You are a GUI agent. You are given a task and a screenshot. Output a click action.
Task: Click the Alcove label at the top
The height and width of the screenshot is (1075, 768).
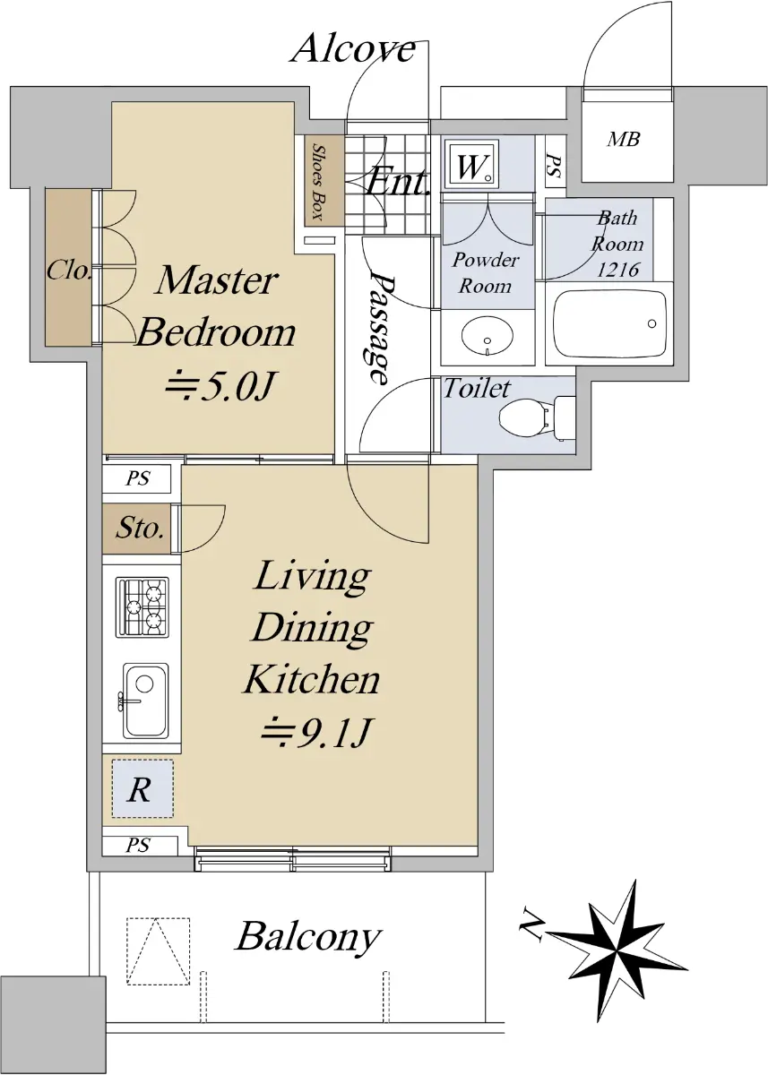[x=353, y=49]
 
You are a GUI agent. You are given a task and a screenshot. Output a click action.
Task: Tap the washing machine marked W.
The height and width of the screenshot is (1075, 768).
[x=472, y=165]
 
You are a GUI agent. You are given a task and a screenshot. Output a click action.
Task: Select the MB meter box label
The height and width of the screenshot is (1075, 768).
[x=624, y=139]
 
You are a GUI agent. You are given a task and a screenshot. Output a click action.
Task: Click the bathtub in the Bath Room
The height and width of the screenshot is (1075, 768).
[x=609, y=323]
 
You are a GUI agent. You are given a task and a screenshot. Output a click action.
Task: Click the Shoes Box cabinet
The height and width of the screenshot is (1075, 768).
[x=325, y=181]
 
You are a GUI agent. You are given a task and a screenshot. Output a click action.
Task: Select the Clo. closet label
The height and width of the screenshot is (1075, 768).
[x=69, y=271]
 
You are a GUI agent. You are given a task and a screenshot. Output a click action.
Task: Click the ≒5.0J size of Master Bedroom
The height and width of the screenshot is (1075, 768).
[x=220, y=385]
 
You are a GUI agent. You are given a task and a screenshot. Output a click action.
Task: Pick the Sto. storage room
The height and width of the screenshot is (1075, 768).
[x=136, y=529]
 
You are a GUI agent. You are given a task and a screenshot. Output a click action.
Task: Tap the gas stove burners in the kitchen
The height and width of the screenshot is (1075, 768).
[x=142, y=607]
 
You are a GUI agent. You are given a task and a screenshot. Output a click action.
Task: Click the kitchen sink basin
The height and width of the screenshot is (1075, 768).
[x=145, y=701]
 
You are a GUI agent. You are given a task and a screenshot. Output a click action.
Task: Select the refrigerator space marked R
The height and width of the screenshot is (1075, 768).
[x=142, y=788]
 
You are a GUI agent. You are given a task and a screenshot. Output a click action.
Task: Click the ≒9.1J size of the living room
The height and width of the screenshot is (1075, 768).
[x=315, y=733]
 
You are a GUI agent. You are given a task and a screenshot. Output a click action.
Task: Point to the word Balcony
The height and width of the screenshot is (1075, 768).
[x=308, y=936]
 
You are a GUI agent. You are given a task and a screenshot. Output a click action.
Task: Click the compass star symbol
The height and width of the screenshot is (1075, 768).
[x=616, y=950]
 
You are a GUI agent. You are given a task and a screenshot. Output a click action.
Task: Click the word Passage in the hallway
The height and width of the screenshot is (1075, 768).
[x=383, y=330]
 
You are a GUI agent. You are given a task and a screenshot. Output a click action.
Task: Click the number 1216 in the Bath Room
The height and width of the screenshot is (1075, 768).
[x=618, y=271]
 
